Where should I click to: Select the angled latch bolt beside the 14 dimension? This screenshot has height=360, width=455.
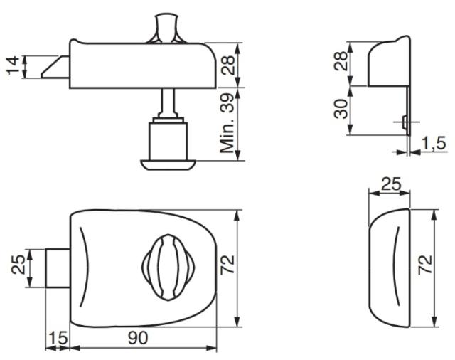pos(55,67)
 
